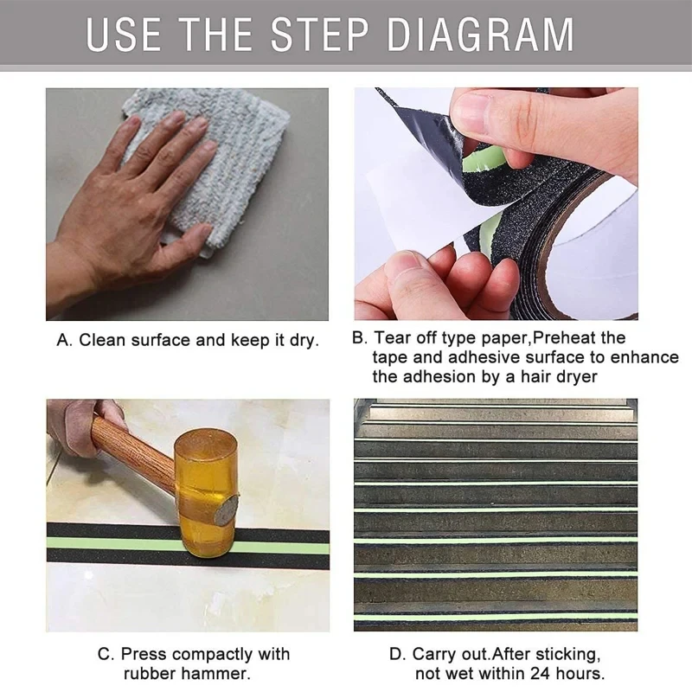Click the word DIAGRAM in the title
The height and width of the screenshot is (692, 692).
click(480, 35)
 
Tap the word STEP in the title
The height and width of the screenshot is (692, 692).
click(319, 35)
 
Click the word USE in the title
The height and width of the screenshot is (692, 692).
click(124, 35)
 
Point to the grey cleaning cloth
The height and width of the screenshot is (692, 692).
click(208, 168)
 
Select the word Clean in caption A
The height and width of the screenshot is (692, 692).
click(102, 340)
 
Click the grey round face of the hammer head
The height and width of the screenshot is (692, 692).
click(226, 509)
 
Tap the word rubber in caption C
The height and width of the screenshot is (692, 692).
click(149, 674)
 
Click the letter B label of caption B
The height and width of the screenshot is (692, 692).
click(359, 337)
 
